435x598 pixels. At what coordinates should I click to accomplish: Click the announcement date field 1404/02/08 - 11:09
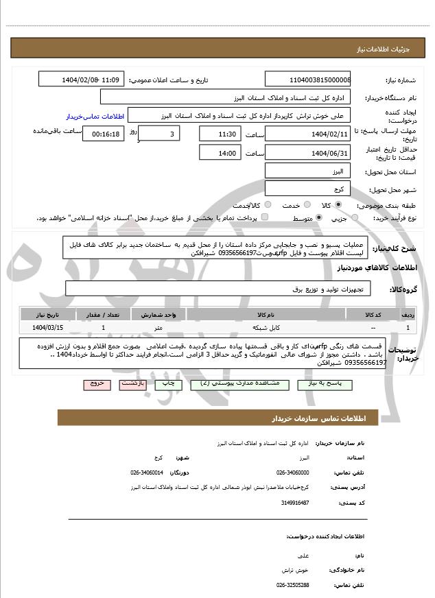tap(81, 80)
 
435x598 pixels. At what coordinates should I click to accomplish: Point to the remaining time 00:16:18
tap(103, 134)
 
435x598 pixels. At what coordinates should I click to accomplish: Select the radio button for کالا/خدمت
tap(268, 205)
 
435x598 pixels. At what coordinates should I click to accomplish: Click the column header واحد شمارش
tap(158, 314)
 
